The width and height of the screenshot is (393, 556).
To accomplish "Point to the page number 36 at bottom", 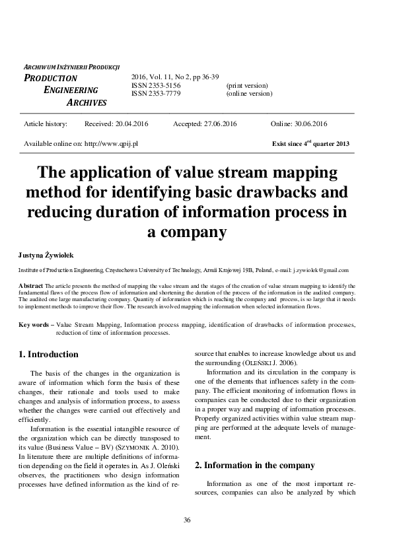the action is [x=187, y=520].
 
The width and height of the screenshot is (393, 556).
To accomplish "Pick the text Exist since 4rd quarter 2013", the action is [x=310, y=143].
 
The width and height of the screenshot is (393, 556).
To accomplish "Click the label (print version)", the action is [x=247, y=86].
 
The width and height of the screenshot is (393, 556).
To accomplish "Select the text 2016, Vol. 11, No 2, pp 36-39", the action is [x=175, y=77].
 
